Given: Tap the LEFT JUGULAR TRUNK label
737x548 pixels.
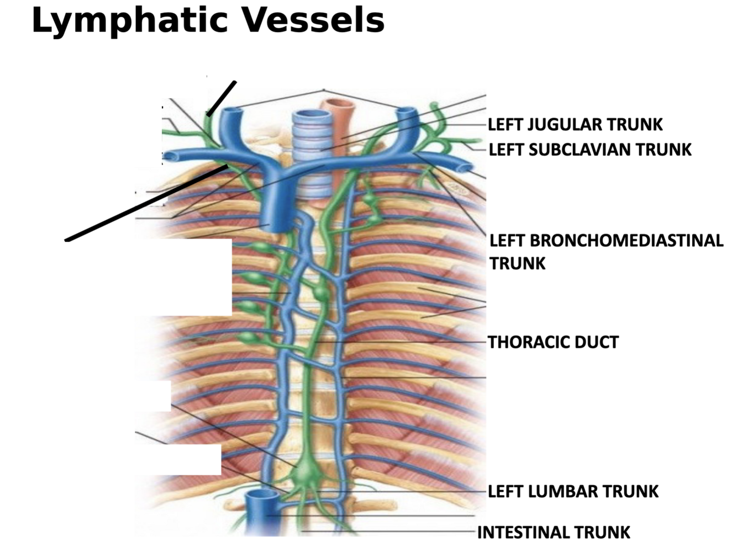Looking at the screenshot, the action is click(x=575, y=125).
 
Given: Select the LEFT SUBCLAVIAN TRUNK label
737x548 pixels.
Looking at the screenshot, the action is click(x=590, y=150).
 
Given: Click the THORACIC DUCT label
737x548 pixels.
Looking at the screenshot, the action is click(x=553, y=342).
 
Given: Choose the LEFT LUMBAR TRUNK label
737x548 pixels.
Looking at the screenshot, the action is click(x=573, y=491).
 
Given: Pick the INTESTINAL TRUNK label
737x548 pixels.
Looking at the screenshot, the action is click(x=554, y=533).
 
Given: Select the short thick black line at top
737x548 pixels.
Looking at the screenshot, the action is click(x=222, y=98).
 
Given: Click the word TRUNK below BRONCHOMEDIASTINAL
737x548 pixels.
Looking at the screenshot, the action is click(x=517, y=263).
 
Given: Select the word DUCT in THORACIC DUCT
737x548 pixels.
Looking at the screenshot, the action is click(x=598, y=342).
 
